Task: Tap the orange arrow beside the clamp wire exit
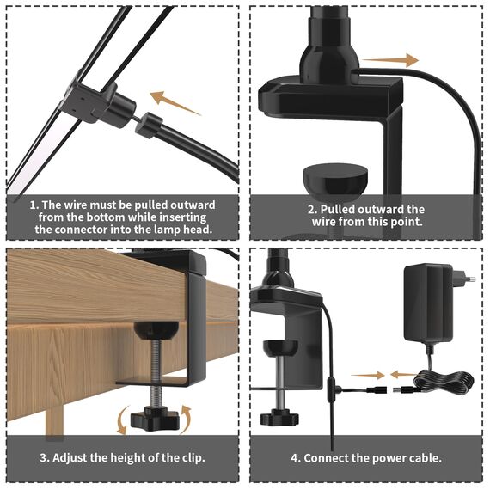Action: click(x=397, y=61)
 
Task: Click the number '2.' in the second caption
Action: click(x=313, y=210)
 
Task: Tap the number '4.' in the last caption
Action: click(x=295, y=457)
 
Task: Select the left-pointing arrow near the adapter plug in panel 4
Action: click(x=401, y=374)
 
